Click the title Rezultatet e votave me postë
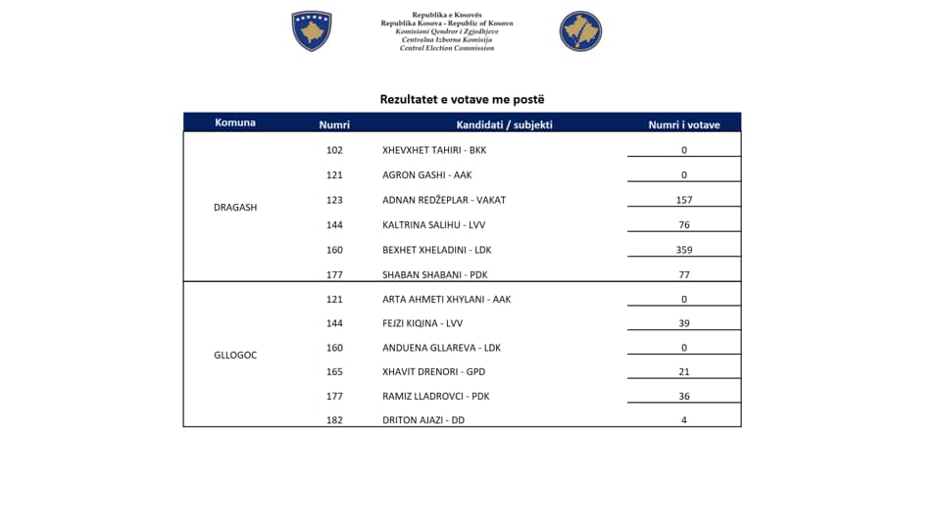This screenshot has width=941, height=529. pyautogui.click(x=462, y=99)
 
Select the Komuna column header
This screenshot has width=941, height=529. pyautogui.click(x=235, y=122)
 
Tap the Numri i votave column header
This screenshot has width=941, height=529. pyautogui.click(x=684, y=124)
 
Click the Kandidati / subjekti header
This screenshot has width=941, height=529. pyautogui.click(x=504, y=124)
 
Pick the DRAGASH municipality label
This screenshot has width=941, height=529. pyautogui.click(x=235, y=208)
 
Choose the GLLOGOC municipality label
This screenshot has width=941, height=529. pyautogui.click(x=235, y=355)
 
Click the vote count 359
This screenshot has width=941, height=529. pyautogui.click(x=684, y=250)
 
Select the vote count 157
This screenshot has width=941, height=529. pyautogui.click(x=684, y=200)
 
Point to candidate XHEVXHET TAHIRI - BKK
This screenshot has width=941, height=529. pyautogui.click(x=433, y=150)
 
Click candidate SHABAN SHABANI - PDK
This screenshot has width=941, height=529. pyautogui.click(x=433, y=275)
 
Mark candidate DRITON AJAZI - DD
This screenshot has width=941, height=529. pyautogui.click(x=423, y=420)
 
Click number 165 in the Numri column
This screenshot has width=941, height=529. pyautogui.click(x=334, y=372)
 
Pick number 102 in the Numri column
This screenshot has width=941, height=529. pyautogui.click(x=334, y=150)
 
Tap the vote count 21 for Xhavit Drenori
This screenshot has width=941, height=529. pyautogui.click(x=684, y=372)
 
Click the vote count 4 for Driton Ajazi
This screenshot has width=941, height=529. pyautogui.click(x=684, y=420)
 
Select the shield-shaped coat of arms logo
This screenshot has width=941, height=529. pyautogui.click(x=312, y=31)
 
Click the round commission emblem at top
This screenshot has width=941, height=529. pyautogui.click(x=580, y=31)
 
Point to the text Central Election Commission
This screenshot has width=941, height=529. pyautogui.click(x=446, y=47)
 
